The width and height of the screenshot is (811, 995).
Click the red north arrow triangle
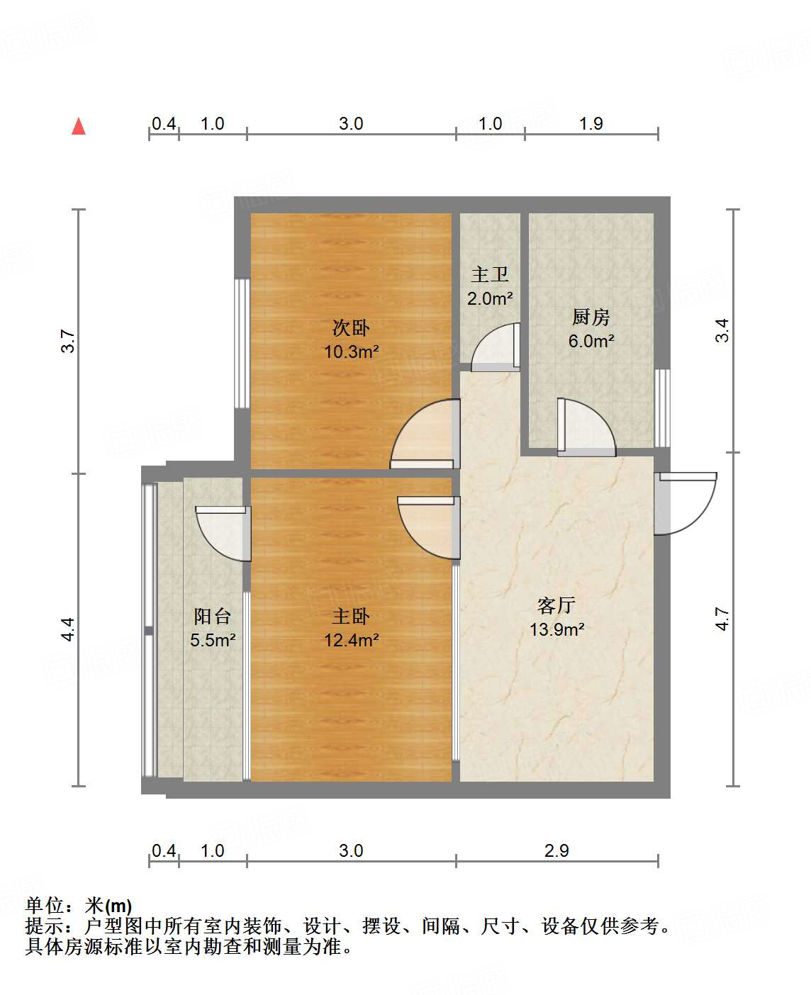click(79, 127)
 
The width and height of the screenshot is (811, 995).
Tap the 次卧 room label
click(351, 328)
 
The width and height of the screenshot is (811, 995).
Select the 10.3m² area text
click(351, 352)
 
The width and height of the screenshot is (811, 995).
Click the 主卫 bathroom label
click(490, 274)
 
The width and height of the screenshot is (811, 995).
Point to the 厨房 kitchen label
click(591, 317)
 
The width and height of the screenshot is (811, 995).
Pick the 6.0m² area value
click(591, 341)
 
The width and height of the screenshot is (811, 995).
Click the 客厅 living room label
click(556, 605)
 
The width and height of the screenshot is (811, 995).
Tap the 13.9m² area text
click(556, 629)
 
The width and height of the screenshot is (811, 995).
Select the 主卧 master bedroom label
click(351, 617)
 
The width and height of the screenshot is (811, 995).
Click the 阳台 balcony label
click(213, 617)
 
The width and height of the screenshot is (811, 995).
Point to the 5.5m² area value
click(213, 641)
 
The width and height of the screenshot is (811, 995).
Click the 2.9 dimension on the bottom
click(556, 850)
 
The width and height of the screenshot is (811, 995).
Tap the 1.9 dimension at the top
click(591, 124)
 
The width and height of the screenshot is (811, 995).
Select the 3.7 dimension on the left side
click(67, 342)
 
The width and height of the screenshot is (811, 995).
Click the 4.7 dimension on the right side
click(722, 619)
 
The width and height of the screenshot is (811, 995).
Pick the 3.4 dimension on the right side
click(722, 330)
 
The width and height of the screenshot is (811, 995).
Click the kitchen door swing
click(585, 427)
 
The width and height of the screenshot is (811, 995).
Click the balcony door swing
click(223, 533)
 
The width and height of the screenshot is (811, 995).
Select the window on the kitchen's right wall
click(662, 407)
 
